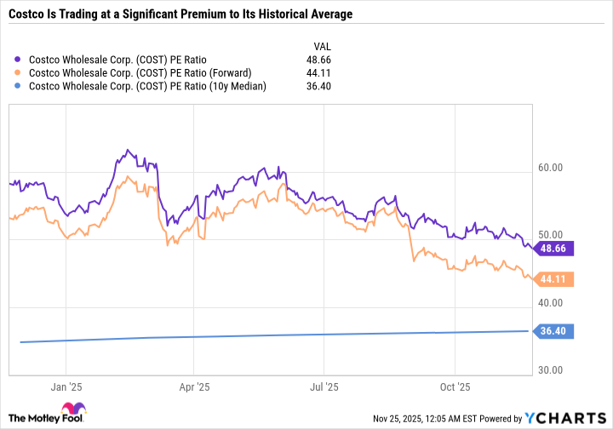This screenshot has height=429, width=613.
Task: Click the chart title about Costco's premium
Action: coord(180,14)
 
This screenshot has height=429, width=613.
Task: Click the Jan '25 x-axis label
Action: coord(66,386)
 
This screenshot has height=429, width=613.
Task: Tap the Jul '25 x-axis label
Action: coord(324,386)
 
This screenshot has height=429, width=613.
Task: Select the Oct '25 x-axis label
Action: coord(455,386)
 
